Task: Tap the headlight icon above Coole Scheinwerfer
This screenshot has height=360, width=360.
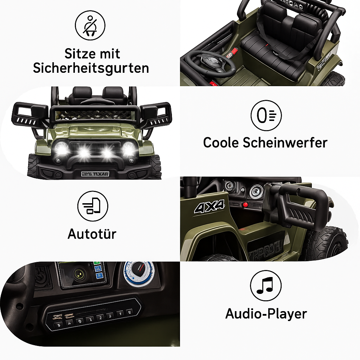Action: coord(266,115)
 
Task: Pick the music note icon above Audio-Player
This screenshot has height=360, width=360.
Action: coord(265,285)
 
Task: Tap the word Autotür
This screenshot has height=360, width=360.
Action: coord(92,234)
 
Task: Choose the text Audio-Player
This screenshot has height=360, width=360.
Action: coord(266,314)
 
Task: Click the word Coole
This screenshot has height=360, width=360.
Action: coord(219,143)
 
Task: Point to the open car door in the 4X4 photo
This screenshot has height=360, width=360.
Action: coord(299,206)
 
